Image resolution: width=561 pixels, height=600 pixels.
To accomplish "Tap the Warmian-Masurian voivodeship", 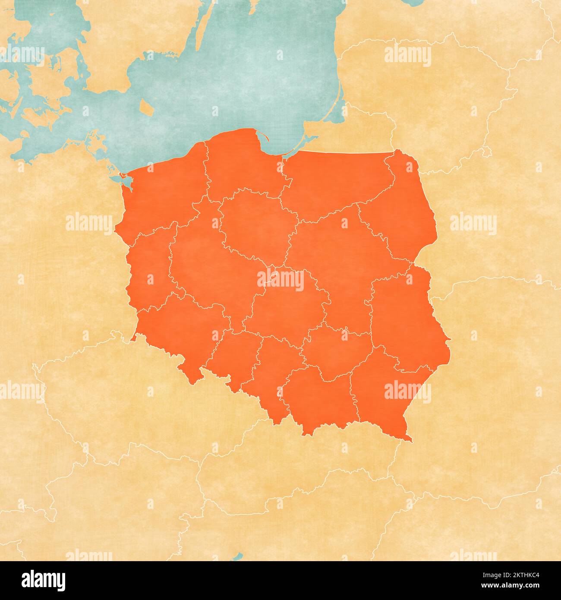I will click(x=337, y=181).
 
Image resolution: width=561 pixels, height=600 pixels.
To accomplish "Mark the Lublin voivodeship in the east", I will click(x=406, y=319).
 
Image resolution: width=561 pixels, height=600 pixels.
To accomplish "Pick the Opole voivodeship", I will click(x=233, y=354).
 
